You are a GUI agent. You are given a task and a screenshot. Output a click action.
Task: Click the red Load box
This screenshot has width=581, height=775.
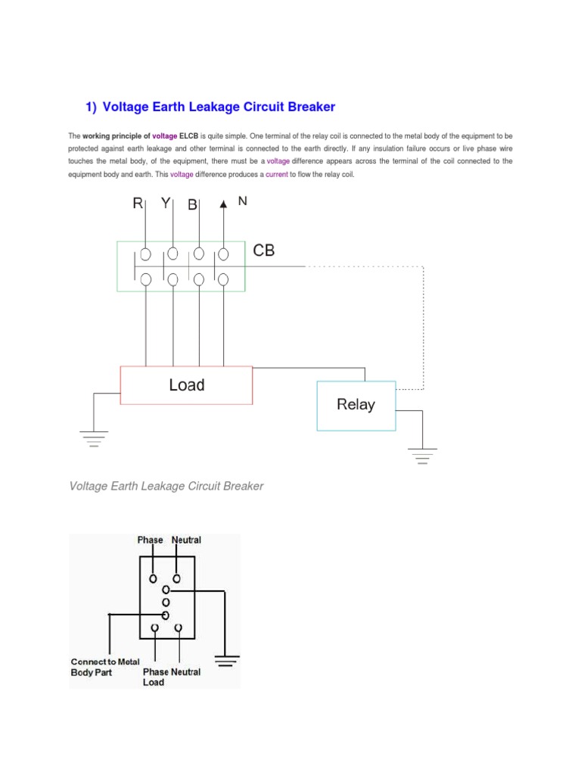tap(186, 385)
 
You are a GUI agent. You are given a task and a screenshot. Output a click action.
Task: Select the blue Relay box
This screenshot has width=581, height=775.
tap(356, 405)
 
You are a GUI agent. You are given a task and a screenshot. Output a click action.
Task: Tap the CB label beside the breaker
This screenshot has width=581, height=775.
tap(264, 251)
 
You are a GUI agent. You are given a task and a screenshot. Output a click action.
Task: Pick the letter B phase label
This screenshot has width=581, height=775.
tap(192, 205)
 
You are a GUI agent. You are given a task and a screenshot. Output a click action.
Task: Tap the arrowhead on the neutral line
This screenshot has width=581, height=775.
tap(223, 203)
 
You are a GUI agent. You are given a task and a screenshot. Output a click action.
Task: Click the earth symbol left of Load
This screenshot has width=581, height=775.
tap(95, 438)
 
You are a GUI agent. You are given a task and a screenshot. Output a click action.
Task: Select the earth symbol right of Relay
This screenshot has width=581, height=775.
tap(423, 456)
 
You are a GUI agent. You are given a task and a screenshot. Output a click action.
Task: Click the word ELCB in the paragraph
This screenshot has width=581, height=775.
tap(188, 135)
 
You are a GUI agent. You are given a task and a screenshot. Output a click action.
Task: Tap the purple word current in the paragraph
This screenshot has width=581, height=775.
tap(277, 175)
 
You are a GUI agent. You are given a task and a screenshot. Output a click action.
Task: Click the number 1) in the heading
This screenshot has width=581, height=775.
tap(90, 107)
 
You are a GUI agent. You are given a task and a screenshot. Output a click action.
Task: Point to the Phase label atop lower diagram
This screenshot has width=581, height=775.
tap(150, 540)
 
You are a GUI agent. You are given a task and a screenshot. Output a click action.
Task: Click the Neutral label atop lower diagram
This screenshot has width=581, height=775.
tap(186, 540)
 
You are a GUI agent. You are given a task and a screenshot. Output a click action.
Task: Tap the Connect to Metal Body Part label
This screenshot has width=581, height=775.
tap(105, 667)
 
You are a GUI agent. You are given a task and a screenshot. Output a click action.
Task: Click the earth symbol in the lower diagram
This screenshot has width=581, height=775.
tap(227, 661)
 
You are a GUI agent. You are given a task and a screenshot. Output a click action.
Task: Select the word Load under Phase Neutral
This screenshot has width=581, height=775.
tap(154, 682)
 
